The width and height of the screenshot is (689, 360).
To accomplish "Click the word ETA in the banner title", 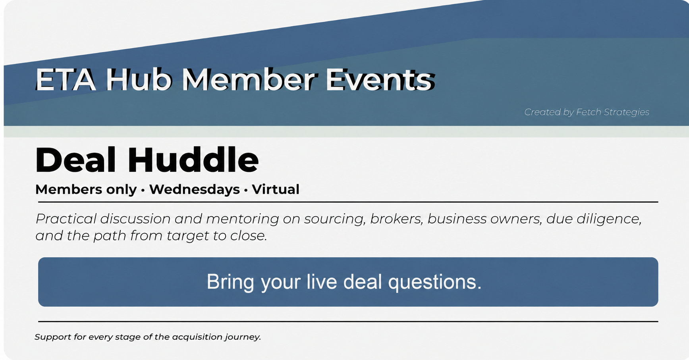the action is click(x=66, y=80).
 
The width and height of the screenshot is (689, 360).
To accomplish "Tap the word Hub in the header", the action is click(x=139, y=79).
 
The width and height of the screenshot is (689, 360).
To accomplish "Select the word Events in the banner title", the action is click(x=379, y=80).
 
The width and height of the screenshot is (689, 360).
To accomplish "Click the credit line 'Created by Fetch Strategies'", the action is click(x=587, y=112).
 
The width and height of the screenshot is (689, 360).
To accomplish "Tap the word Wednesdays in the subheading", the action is click(x=195, y=189).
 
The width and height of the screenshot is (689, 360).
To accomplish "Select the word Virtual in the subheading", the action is click(x=276, y=189).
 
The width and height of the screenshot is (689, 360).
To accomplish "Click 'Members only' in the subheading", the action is click(x=86, y=190).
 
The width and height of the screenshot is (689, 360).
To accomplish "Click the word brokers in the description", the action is click(x=396, y=219).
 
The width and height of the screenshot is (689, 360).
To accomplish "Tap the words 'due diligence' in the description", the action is click(x=594, y=219).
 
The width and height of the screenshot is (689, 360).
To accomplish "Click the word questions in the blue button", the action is click(x=434, y=282).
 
